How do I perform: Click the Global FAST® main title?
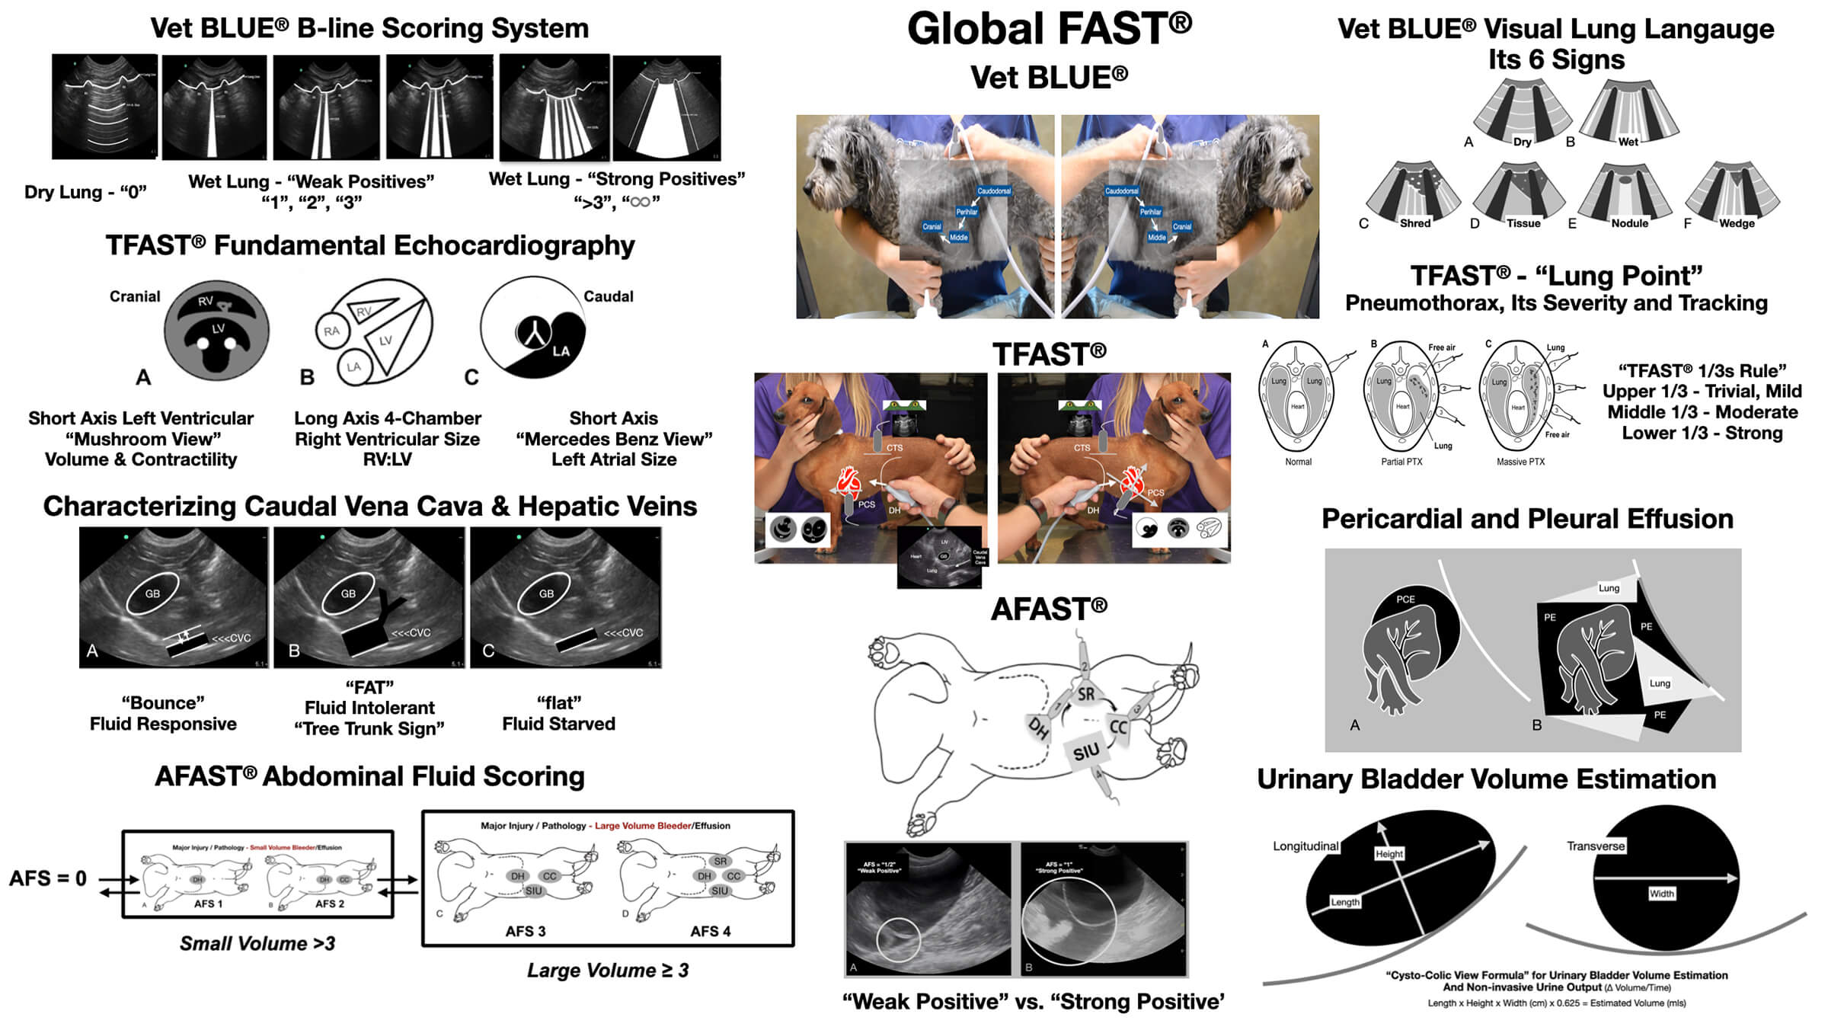pyautogui.click(x=1049, y=29)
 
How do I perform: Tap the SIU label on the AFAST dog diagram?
pyautogui.click(x=1086, y=752)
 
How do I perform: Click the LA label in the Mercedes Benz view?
pyautogui.click(x=561, y=350)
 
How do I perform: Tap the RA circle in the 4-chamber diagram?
pyautogui.click(x=332, y=331)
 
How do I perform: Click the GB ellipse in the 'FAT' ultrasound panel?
pyautogui.click(x=348, y=593)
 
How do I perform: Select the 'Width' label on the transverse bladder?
pyautogui.click(x=1661, y=894)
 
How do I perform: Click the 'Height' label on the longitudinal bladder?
pyautogui.click(x=1389, y=854)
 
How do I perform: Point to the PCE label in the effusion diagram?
pyautogui.click(x=1405, y=600)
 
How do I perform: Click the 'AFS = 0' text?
pyautogui.click(x=47, y=878)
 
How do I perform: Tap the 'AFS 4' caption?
pyautogui.click(x=710, y=931)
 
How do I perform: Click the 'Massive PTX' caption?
pyautogui.click(x=1520, y=462)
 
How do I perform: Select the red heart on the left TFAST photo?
pyautogui.click(x=848, y=481)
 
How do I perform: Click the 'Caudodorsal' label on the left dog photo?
pyautogui.click(x=994, y=191)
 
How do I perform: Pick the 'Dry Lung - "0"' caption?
pyautogui.click(x=85, y=192)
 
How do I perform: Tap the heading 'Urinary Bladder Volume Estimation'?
pyautogui.click(x=1486, y=779)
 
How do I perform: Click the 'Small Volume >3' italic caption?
pyautogui.click(x=257, y=943)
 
